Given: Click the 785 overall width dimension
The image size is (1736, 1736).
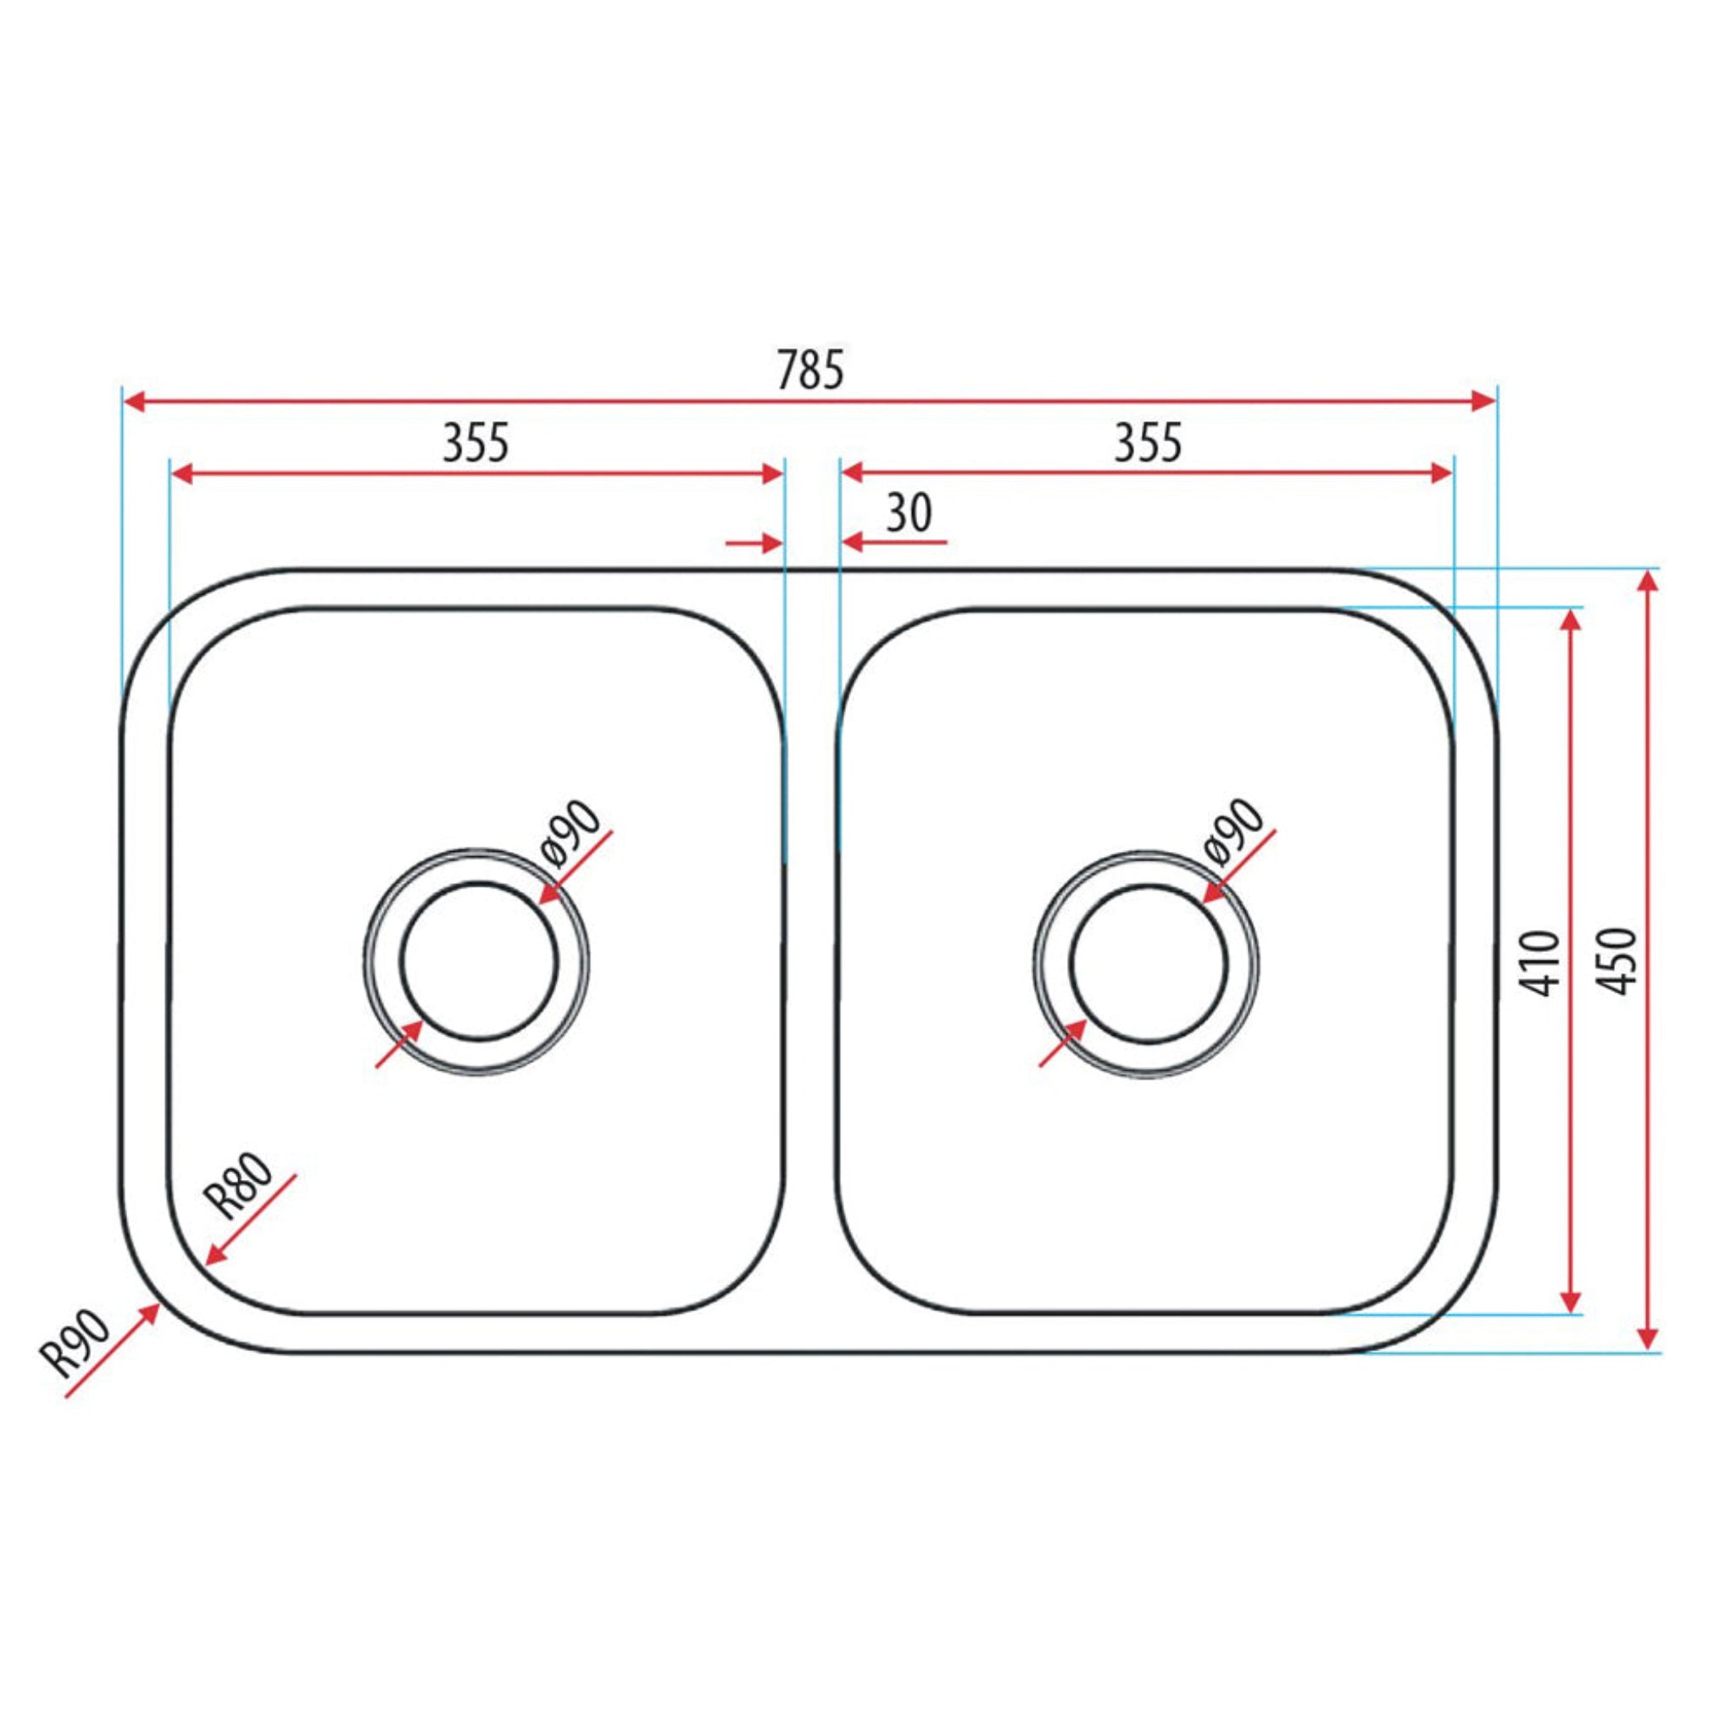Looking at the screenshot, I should (810, 370).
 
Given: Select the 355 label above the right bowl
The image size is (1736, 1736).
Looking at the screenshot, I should (1148, 443).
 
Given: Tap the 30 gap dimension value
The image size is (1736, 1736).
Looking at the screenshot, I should (909, 514).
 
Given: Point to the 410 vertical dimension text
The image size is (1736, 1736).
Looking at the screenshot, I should (1542, 963).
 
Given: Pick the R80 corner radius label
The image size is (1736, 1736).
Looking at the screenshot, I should (237, 1185).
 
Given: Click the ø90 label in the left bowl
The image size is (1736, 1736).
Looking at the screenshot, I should (571, 832).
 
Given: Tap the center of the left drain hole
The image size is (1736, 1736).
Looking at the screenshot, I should (479, 962).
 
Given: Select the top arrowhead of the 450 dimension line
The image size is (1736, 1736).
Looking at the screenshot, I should (1647, 582).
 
